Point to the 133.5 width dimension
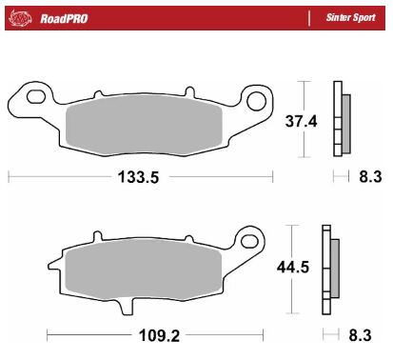coord(140,177)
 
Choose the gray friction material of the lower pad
coord(157,271)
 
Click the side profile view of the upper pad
coord(337,120)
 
